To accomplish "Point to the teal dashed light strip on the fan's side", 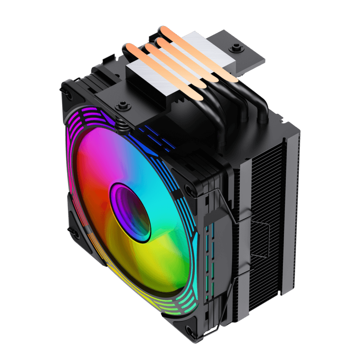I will [208, 261].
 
